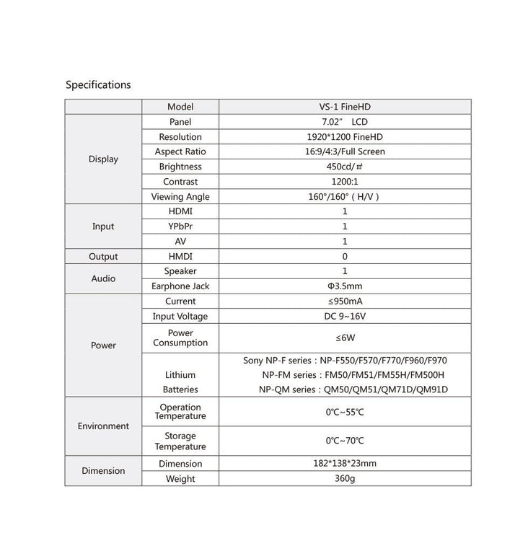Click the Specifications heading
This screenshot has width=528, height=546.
pos(98,84)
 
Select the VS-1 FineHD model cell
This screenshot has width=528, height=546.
pos(345,107)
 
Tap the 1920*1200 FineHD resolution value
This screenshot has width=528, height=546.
pos(345,137)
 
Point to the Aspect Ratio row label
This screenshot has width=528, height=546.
pos(180,151)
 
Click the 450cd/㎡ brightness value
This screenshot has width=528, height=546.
pos(345,167)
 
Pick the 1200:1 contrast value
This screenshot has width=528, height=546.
pos(345,182)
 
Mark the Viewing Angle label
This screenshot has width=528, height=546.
pos(180,197)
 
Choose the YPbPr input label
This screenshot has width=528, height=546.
pos(180,226)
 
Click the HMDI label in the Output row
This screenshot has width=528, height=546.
pos(180,257)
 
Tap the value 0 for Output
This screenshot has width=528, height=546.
pos(345,257)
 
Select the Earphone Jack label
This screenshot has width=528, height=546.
pos(180,286)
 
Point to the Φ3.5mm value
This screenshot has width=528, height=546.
pos(345,286)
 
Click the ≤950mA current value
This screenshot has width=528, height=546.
pos(345,301)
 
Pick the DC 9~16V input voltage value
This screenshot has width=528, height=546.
pos(345,317)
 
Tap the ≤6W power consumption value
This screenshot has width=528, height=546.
pos(345,338)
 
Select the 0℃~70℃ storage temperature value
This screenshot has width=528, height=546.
pos(345,441)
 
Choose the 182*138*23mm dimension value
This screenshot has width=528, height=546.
pos(345,464)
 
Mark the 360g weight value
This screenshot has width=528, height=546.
pos(345,479)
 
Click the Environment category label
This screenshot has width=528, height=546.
pos(103,426)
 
